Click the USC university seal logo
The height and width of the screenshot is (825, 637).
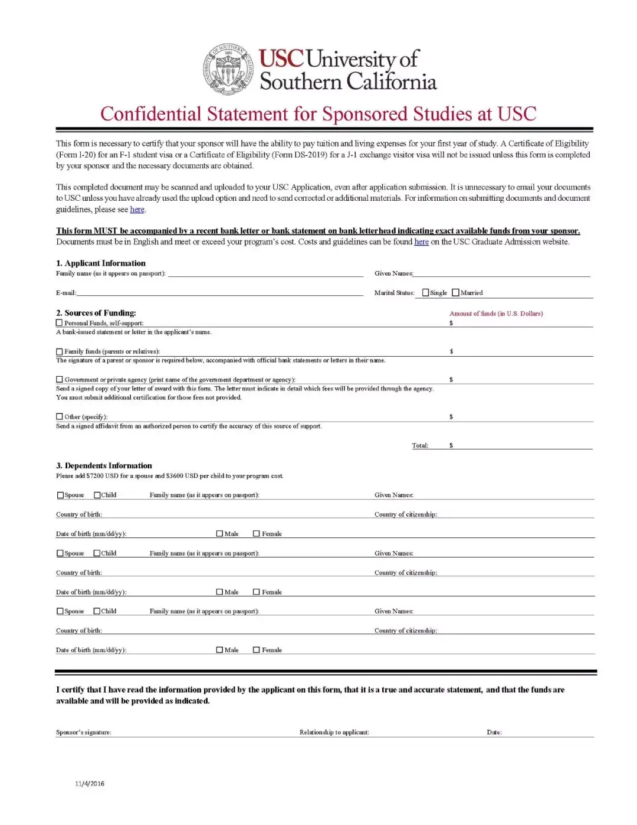tap(228, 69)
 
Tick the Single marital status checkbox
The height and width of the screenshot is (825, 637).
tap(426, 293)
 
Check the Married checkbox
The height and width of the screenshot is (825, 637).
tap(455, 293)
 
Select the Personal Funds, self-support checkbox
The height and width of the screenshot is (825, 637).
tap(59, 323)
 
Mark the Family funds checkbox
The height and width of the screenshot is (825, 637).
tap(59, 351)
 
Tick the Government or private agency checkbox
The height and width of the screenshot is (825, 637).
tap(59, 380)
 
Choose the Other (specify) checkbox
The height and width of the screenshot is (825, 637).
tap(59, 417)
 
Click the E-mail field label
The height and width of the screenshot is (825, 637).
tap(66, 293)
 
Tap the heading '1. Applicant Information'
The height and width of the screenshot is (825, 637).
tap(101, 263)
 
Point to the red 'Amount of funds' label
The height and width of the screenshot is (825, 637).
tap(496, 314)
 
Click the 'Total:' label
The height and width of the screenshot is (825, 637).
tap(420, 446)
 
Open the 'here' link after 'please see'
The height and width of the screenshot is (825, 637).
tap(137, 210)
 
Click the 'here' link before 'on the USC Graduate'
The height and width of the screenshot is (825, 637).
tap(421, 242)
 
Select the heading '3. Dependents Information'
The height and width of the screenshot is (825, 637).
tap(104, 466)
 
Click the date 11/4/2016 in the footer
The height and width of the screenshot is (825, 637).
tap(90, 784)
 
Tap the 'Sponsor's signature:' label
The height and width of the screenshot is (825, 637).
tap(83, 732)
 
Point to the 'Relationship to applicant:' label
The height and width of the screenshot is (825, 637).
tap(334, 732)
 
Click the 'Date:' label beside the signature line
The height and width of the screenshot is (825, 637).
tap(494, 732)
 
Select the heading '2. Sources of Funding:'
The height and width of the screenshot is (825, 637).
tap(96, 313)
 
